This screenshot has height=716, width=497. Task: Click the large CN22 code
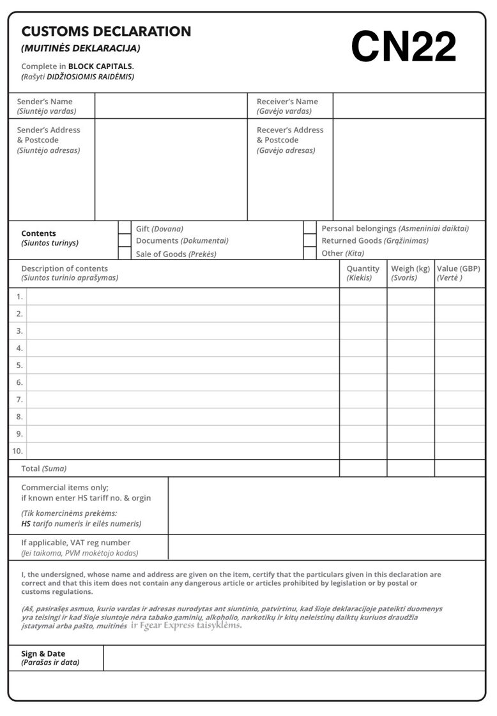pyautogui.click(x=404, y=47)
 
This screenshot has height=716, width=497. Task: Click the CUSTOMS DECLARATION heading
pyautogui.click(x=106, y=31)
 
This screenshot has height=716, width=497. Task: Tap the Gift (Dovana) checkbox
pyautogui.click(x=125, y=228)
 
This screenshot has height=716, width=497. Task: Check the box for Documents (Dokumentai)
pyautogui.click(x=125, y=240)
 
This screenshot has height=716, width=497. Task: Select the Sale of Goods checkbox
pyautogui.click(x=125, y=253)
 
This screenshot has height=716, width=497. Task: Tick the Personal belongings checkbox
pyautogui.click(x=310, y=228)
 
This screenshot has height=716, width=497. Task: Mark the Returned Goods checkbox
pyautogui.click(x=310, y=240)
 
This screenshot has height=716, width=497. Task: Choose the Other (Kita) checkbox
pyautogui.click(x=310, y=253)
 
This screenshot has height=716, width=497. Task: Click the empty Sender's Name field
pyautogui.click(x=171, y=106)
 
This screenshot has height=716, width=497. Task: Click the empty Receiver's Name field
pyautogui.click(x=409, y=106)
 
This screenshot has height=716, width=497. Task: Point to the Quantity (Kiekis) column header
pyautogui.click(x=363, y=273)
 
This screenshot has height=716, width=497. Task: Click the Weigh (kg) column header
pyautogui.click(x=410, y=273)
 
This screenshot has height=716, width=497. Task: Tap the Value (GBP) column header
pyautogui.click(x=459, y=273)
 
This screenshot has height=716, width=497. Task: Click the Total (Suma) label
pyautogui.click(x=43, y=469)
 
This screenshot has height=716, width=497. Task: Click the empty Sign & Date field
pyautogui.click(x=294, y=658)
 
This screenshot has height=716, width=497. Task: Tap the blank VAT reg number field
pyautogui.click(x=326, y=547)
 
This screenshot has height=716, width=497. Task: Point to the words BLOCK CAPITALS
pyautogui.click(x=101, y=66)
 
